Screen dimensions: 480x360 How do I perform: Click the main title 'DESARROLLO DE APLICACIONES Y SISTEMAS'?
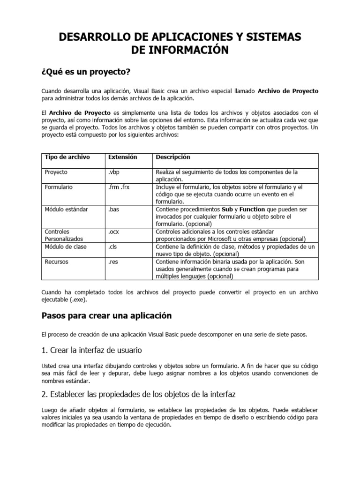click(x=180, y=37)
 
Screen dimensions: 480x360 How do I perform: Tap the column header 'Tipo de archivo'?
click(x=67, y=157)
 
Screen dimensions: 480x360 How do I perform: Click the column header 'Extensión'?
click(x=123, y=157)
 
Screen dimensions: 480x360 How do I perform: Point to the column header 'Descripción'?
click(x=173, y=157)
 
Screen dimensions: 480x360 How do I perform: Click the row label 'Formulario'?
click(x=59, y=187)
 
